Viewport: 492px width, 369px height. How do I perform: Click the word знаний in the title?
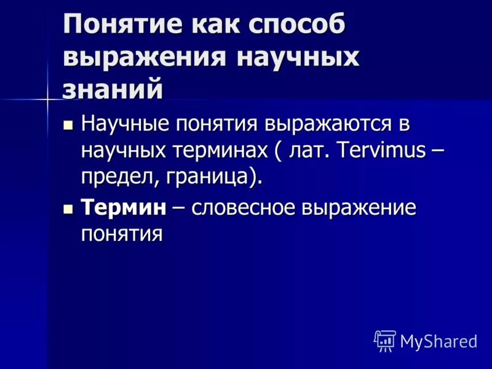[113, 90]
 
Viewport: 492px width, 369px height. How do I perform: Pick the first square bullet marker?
[68, 125]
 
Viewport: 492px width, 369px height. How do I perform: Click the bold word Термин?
[124, 207]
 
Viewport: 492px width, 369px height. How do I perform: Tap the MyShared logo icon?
[385, 340]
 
